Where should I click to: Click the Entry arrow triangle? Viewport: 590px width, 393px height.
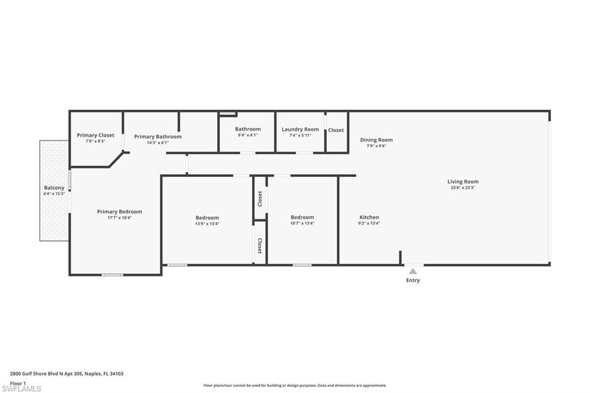point(413,271)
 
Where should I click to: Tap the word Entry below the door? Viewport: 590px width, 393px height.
point(413,281)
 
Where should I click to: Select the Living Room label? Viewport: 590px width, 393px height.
point(463,182)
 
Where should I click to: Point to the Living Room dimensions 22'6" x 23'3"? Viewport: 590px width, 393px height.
point(463,188)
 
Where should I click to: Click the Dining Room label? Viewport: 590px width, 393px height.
point(376,139)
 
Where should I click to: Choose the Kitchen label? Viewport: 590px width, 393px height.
point(369,217)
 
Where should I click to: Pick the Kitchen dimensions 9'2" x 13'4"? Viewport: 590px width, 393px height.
point(369,224)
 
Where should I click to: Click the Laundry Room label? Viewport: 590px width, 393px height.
point(300,129)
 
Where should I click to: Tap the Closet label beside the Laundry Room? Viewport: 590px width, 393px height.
point(336,130)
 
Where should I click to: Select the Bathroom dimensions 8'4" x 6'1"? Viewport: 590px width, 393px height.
point(248,135)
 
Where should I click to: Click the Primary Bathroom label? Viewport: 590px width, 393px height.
point(158,137)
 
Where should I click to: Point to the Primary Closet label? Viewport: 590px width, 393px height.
point(96,135)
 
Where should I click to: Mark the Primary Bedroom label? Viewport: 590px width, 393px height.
point(119,211)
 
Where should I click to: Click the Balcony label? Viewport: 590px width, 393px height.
point(54,187)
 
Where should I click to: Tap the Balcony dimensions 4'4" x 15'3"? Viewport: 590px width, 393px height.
point(54,194)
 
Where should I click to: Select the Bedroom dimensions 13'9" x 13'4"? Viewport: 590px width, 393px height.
point(207,224)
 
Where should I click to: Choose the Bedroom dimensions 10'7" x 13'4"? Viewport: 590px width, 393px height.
point(302,224)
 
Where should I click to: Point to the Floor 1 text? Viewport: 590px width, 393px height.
point(18,383)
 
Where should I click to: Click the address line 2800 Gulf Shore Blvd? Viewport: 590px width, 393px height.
point(67,373)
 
